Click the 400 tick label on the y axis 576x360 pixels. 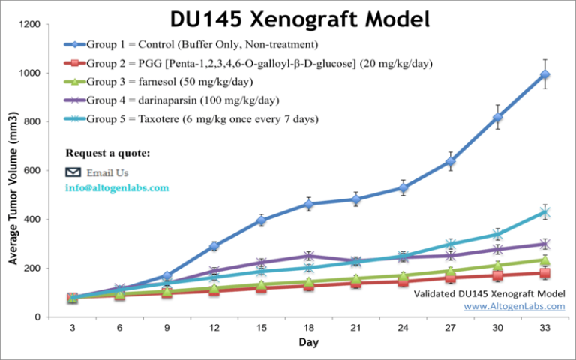tap(32, 219)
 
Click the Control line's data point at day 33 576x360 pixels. tap(545, 74)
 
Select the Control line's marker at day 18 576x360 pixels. tap(308, 204)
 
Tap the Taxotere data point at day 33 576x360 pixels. tap(545, 212)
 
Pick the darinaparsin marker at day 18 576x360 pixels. tap(308, 256)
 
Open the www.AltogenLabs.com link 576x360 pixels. tap(514, 306)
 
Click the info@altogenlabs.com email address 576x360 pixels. tap(117, 188)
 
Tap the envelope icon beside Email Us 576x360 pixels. tap(73, 172)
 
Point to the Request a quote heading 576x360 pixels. tap(107, 154)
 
